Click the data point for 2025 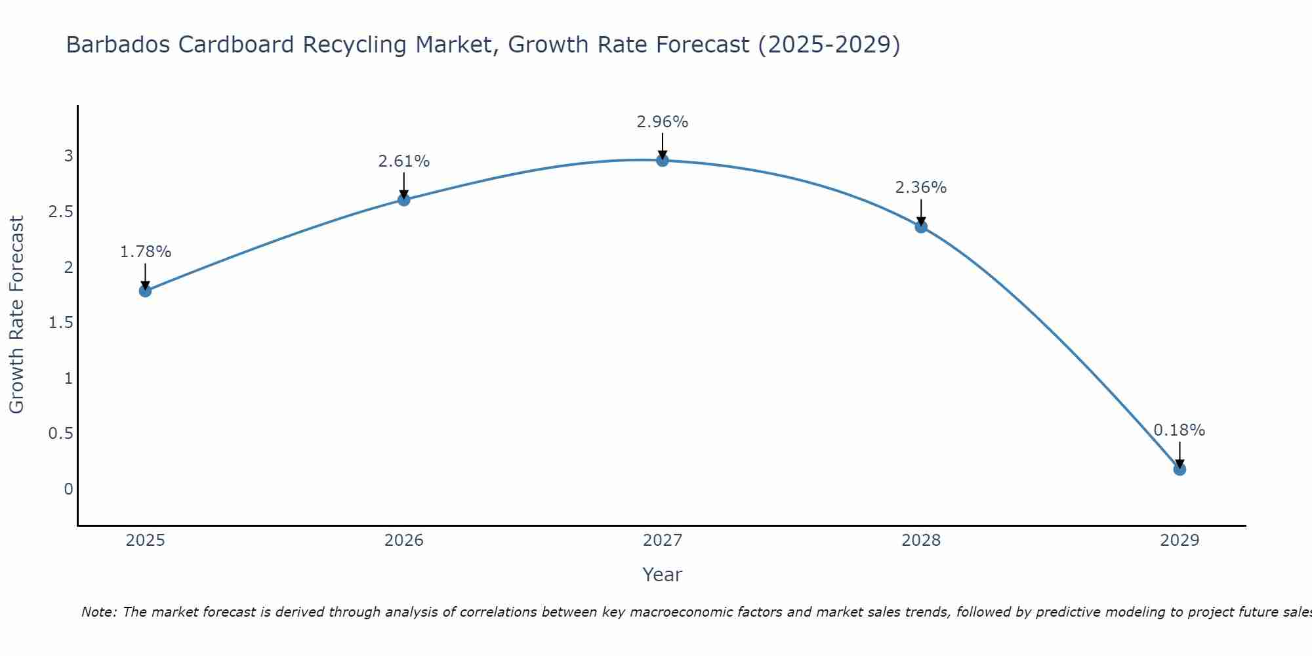[146, 291]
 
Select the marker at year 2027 [663, 160]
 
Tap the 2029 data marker [1179, 469]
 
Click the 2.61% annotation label [404, 161]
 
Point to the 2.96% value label [663, 122]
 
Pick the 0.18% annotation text [1179, 430]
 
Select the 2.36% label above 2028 [921, 188]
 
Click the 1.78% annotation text [146, 252]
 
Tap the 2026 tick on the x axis [404, 541]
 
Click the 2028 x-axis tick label [921, 541]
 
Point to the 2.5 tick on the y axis [60, 212]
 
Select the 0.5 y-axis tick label [60, 434]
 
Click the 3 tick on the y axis [68, 156]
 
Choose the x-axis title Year [663, 575]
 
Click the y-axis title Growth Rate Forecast [16, 315]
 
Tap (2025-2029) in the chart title [829, 45]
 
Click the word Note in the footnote [98, 612]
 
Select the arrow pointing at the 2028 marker [921, 213]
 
